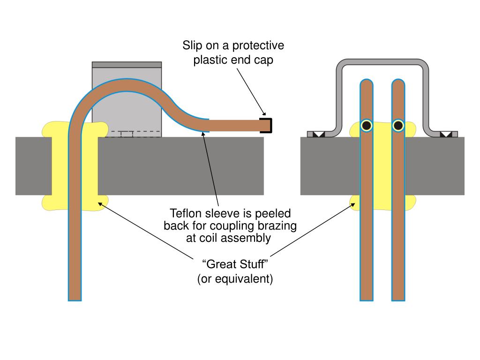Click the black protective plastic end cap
(x=268, y=126)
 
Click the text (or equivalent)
(x=234, y=279)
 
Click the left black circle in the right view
(x=367, y=126)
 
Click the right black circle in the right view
(x=398, y=126)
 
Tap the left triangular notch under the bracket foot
(x=319, y=135)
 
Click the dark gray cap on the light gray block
(x=127, y=64)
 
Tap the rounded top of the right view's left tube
(x=367, y=82)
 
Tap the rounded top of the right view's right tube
(x=398, y=82)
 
